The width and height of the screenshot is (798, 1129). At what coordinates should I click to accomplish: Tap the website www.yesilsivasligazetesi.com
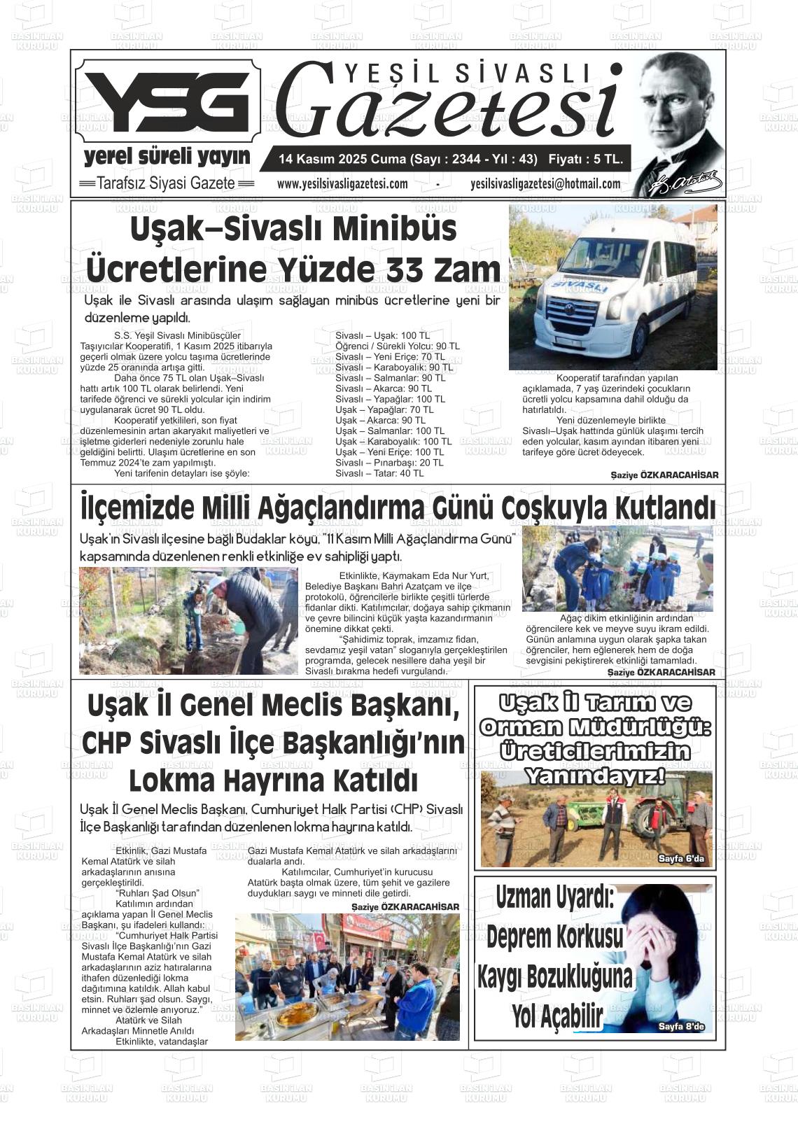pos(342,184)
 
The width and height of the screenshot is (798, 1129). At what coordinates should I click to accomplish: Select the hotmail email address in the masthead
pos(545,184)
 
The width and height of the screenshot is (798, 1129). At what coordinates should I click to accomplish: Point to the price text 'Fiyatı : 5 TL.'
pos(585,160)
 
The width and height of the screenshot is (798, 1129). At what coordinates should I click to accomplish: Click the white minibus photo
pos(612,287)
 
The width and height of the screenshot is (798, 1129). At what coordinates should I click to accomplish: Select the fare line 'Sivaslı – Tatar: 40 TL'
pos(379,473)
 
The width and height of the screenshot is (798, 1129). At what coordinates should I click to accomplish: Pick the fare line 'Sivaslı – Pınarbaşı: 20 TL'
pos(389,463)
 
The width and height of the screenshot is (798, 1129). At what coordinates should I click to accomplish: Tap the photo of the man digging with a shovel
pos(188,620)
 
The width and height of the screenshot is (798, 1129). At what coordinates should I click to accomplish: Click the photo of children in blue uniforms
pos(617,570)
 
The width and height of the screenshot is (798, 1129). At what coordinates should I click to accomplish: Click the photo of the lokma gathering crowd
pos(346,976)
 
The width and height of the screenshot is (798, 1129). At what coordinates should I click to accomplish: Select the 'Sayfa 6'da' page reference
pos(680,858)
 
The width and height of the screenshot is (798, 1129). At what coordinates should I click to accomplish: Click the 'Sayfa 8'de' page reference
pos(680,1027)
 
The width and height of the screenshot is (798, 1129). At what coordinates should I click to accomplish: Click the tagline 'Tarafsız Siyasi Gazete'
pos(165,183)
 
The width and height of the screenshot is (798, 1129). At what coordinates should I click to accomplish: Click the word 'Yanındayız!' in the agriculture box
pos(594,776)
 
